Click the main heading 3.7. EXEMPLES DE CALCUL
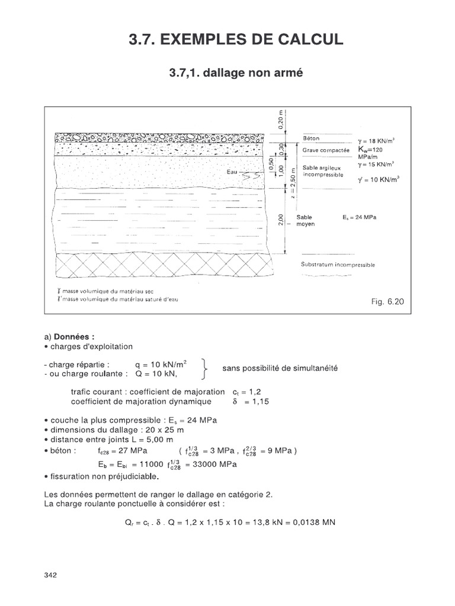pyautogui.click(x=236, y=40)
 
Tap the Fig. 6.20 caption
pyautogui.click(x=387, y=301)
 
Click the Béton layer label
pyautogui.click(x=311, y=138)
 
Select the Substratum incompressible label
pyautogui.click(x=338, y=265)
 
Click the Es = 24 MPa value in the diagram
pyautogui.click(x=360, y=218)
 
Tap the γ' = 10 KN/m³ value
pyautogui.click(x=379, y=178)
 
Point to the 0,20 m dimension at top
pyautogui.click(x=281, y=123)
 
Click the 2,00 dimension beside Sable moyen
pyautogui.click(x=281, y=220)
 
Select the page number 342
pyautogui.click(x=50, y=575)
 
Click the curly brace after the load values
pyautogui.click(x=205, y=368)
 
